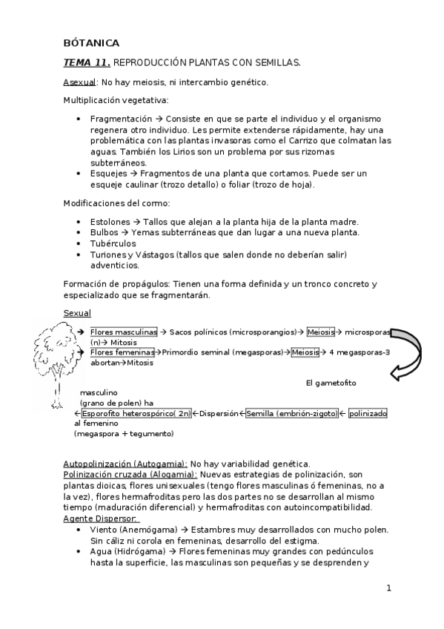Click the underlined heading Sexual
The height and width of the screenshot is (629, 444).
point(76,314)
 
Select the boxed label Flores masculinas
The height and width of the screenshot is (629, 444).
point(123,332)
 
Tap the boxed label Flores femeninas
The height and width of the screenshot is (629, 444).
point(122,352)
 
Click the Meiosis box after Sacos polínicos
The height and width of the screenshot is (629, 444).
point(321,332)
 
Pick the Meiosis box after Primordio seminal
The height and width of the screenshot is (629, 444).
point(305,352)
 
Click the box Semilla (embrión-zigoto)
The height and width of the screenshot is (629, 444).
point(291,413)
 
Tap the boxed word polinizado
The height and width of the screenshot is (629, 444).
point(368,413)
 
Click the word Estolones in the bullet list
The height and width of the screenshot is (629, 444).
point(110,222)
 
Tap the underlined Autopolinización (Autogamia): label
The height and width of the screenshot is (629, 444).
point(125,464)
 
